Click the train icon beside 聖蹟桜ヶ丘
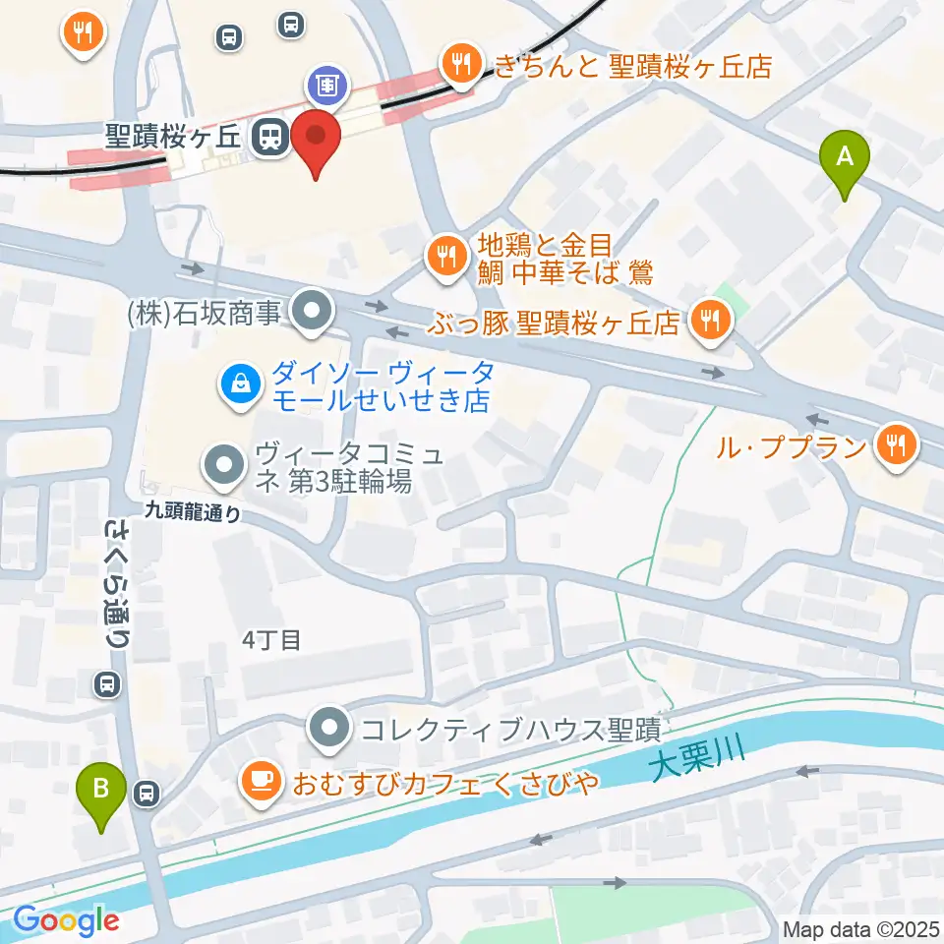[x=269, y=137]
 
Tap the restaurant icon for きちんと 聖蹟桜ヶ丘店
[x=459, y=65]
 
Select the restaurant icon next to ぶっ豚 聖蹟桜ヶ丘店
[x=709, y=319]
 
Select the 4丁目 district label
[x=271, y=640]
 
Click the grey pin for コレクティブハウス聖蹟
[x=329, y=729]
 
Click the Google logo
[x=66, y=920]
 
